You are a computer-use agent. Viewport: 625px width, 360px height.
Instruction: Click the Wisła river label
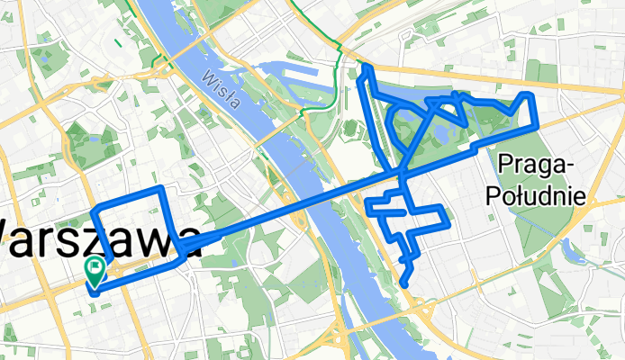(x=222, y=88)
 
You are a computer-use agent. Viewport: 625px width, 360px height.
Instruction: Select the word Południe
(x=535, y=194)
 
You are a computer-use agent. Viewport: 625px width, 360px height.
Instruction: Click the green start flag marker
(x=95, y=269)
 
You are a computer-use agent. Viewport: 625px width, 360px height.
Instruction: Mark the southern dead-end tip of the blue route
(x=403, y=284)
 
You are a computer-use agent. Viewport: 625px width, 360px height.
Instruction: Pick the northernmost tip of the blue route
(x=367, y=66)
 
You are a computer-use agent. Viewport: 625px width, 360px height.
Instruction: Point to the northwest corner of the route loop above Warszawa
(x=95, y=209)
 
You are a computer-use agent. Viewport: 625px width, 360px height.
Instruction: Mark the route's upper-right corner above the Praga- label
(x=532, y=94)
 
